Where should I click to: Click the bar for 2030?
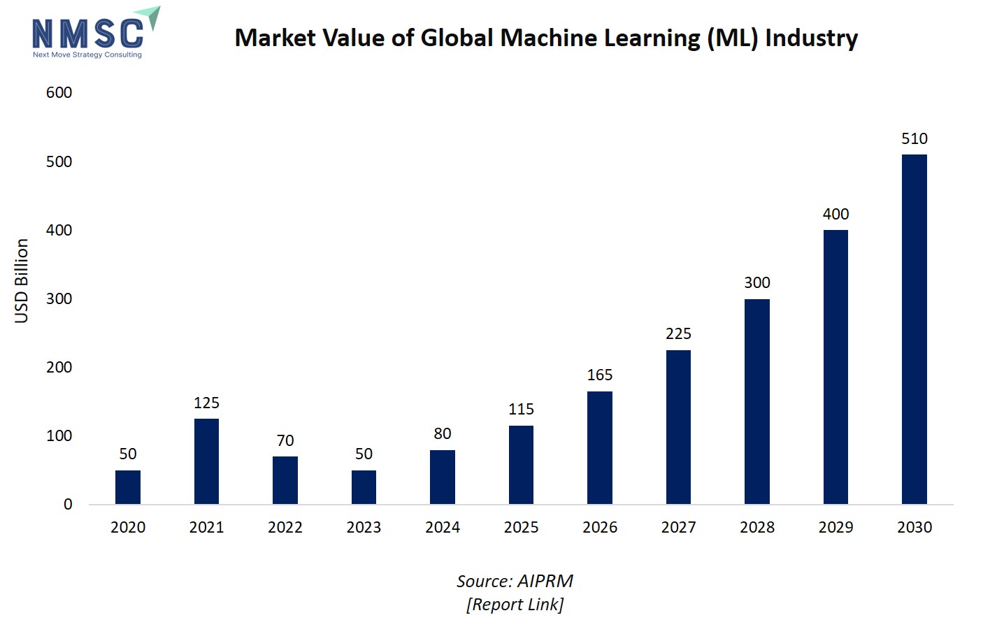(914, 329)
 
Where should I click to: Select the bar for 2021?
(206, 461)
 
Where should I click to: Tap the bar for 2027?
(678, 426)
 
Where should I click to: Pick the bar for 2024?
(443, 477)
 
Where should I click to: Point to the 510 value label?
(914, 138)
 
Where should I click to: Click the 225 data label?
(678, 333)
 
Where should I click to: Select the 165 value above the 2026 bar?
(600, 375)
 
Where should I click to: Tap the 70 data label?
(285, 440)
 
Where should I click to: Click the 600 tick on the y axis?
(59, 92)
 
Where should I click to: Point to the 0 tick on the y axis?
(68, 504)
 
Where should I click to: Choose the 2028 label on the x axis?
(757, 527)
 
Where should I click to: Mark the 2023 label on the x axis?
(364, 527)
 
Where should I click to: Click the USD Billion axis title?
(22, 281)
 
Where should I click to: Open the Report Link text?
(515, 604)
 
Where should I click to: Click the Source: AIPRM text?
(515, 581)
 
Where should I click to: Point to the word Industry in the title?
(811, 38)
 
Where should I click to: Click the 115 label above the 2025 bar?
(521, 409)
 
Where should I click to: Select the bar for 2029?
(835, 367)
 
